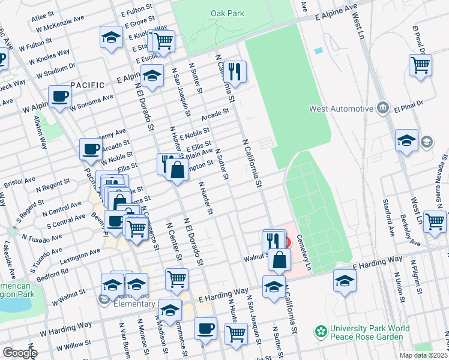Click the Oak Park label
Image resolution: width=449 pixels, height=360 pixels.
(228, 13)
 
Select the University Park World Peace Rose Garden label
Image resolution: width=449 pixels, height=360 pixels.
(370, 332)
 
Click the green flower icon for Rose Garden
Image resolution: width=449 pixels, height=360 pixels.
(322, 332)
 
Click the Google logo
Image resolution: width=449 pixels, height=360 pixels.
(19, 353)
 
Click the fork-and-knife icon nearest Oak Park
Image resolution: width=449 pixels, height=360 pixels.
(235, 71)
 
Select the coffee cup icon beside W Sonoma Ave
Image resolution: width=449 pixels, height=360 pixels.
(60, 97)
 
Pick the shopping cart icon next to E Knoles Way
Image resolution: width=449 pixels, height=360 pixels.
(163, 41)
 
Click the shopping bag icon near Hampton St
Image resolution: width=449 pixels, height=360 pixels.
(177, 169)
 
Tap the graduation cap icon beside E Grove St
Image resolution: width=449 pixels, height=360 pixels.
(110, 38)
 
